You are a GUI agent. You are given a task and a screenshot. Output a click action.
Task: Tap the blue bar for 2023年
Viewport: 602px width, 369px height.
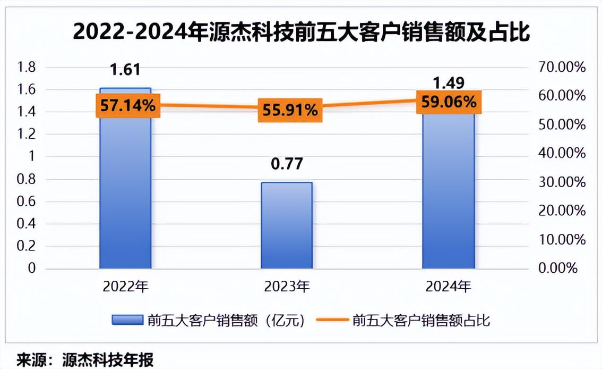coord(287,226)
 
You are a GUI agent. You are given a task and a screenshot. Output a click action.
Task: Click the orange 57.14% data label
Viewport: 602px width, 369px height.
coord(125,106)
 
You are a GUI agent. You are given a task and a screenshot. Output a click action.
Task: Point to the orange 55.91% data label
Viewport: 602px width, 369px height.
coord(290,110)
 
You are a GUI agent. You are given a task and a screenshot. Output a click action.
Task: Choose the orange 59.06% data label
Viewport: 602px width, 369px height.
coord(449,101)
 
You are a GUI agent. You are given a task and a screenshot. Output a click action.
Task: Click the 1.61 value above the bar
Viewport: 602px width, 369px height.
coord(125,70)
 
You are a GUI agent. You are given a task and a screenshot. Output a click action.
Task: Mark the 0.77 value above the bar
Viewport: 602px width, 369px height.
coord(287,163)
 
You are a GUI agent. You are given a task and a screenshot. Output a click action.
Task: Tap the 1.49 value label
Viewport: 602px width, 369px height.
coord(449,83)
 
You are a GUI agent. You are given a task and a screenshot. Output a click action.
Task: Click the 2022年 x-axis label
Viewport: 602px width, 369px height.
coord(125,287)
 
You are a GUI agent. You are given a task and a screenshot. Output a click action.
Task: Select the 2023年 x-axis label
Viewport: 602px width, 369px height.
coord(287,287)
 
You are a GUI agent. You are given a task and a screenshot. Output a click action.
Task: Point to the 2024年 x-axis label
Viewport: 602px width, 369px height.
coord(449,287)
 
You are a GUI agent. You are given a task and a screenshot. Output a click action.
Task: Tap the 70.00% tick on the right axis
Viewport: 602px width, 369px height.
coord(562,68)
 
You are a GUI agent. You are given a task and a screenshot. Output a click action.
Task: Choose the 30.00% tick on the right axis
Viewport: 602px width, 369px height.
coord(562,182)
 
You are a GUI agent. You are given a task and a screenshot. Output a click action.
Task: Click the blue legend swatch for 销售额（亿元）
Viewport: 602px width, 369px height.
coord(127,320)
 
